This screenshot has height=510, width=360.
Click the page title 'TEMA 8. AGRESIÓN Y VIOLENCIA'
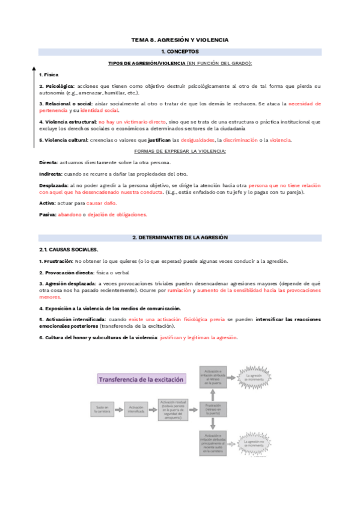(x=180, y=40)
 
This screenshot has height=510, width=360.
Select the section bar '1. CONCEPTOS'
(x=180, y=52)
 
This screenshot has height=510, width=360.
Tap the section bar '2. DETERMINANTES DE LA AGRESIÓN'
(x=180, y=238)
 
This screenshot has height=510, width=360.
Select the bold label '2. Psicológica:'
(x=56, y=87)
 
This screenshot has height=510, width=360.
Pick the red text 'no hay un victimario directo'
(x=132, y=121)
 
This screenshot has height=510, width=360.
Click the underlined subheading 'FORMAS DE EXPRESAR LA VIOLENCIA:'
(x=180, y=151)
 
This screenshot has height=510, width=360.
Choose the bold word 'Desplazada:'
(x=53, y=185)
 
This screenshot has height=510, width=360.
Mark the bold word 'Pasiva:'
(x=47, y=214)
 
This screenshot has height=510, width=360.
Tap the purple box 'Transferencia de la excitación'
(x=142, y=379)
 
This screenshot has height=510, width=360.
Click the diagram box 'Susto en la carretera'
(x=102, y=410)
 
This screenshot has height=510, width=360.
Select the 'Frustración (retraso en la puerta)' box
(x=213, y=410)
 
